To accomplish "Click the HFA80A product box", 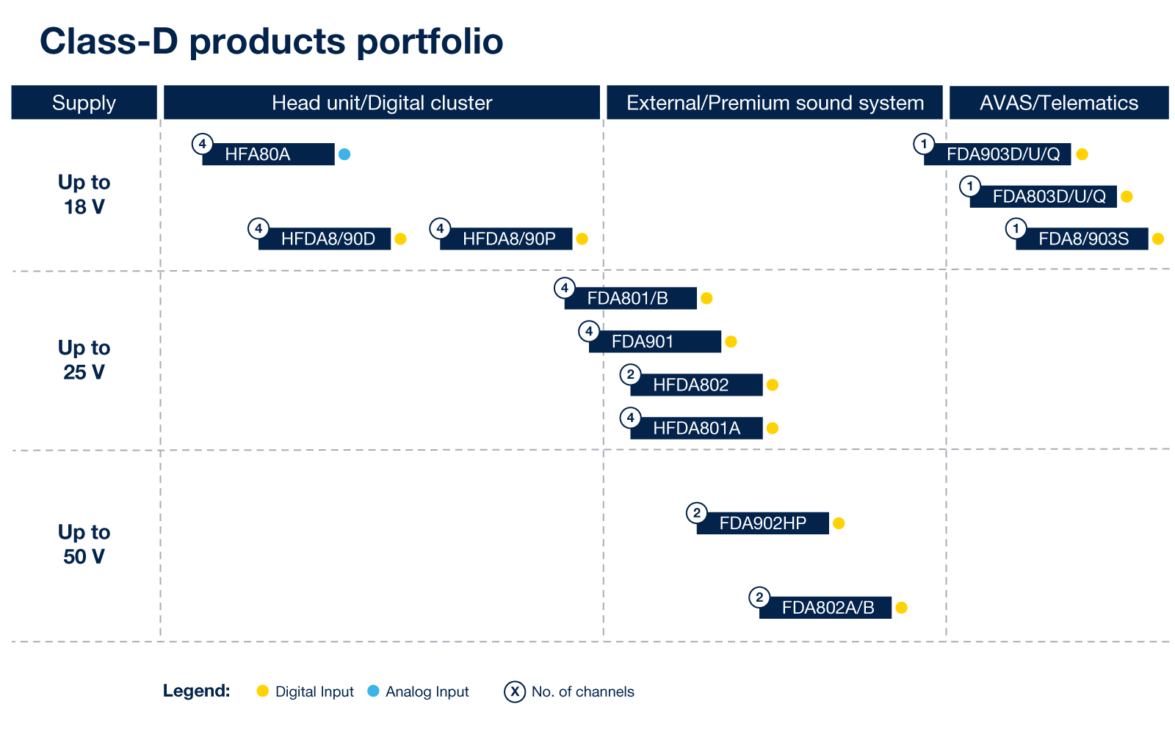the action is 268,154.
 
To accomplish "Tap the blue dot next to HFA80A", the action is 344,154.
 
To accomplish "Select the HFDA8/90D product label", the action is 325,239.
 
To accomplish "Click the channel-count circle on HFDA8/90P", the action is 440,228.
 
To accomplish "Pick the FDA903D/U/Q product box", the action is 997,154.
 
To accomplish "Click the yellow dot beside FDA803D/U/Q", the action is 1127,197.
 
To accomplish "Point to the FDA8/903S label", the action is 1082,239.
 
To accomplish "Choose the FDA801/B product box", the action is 631,298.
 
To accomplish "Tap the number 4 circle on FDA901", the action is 589,331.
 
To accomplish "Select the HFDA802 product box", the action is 697,385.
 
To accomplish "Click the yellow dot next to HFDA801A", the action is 772,429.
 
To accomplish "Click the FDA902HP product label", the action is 763,523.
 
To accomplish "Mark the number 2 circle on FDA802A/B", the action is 759,597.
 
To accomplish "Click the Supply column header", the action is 84,103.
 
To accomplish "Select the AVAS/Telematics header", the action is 1059,103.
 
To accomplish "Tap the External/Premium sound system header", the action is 775,103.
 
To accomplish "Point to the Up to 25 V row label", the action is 84,360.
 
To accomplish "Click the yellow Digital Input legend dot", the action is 263,691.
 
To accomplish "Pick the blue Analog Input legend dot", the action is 374,691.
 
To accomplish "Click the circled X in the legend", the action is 515,692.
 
